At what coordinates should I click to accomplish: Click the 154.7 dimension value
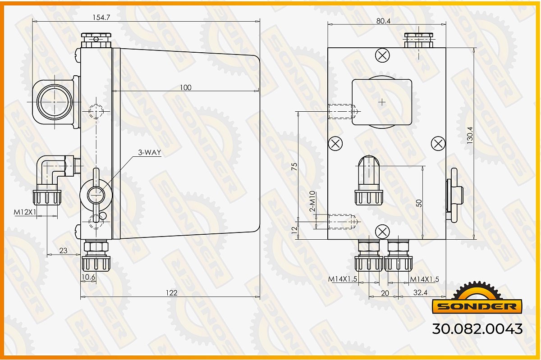tap(101, 18)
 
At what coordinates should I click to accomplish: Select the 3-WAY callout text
tap(150, 152)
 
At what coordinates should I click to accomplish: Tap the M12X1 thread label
tap(25, 212)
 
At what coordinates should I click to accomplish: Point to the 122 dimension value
tap(172, 293)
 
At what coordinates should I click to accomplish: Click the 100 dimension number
tap(185, 87)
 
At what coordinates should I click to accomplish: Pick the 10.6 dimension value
tap(88, 277)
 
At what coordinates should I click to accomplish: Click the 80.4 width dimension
tap(383, 21)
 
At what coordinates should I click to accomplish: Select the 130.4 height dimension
tap(470, 135)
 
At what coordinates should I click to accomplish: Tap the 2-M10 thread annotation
tap(312, 201)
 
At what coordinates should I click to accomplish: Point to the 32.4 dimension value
tap(420, 292)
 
